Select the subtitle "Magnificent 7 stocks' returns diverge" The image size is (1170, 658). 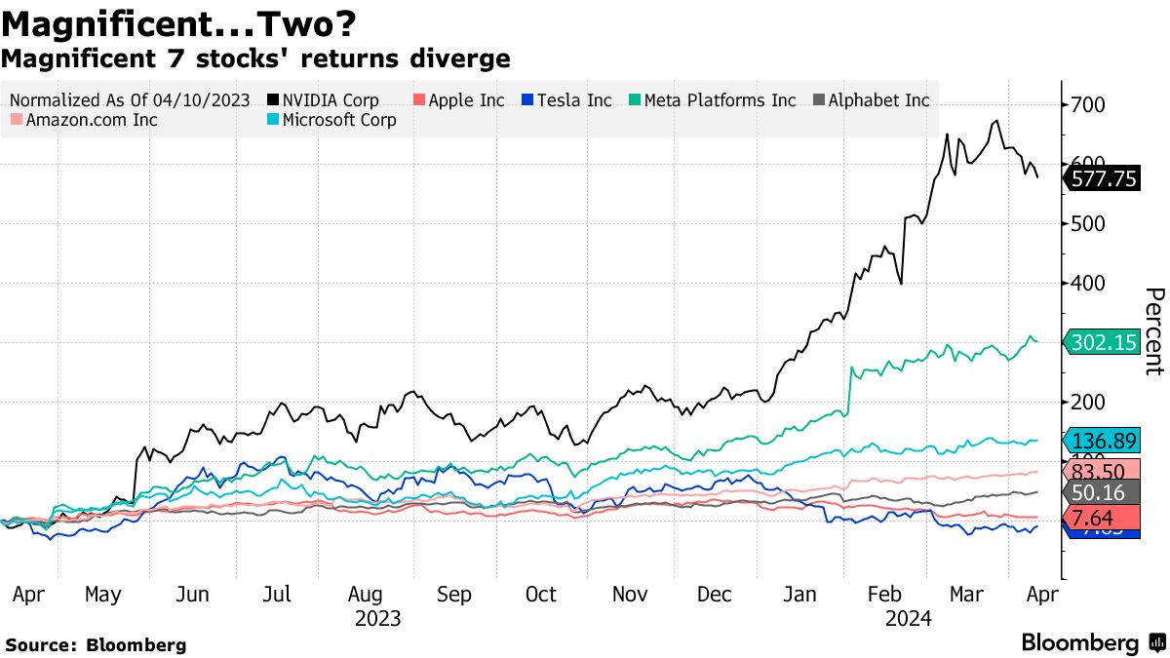tap(255, 58)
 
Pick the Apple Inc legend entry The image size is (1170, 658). tap(461, 100)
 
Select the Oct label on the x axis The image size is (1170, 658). tap(540, 595)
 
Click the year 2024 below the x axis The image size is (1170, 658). tap(908, 618)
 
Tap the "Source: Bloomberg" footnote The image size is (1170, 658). tap(96, 644)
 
